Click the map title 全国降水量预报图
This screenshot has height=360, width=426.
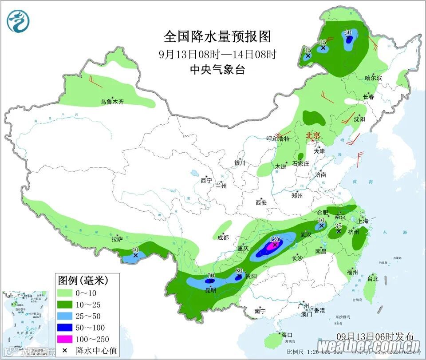(217, 36)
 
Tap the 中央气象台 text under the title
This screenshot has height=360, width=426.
(217, 70)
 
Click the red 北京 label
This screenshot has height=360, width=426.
(314, 135)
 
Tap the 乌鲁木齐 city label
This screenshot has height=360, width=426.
(112, 102)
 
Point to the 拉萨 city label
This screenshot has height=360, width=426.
(117, 240)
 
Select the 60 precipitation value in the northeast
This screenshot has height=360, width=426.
(348, 32)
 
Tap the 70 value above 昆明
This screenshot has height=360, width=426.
(210, 276)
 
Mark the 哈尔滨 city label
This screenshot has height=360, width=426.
(373, 78)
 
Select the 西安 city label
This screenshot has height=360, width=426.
(261, 203)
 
